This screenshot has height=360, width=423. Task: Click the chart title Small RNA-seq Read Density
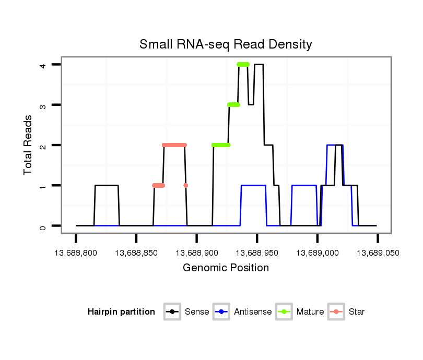226,44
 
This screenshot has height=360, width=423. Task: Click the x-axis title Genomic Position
226,268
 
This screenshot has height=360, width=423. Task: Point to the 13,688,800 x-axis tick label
76,253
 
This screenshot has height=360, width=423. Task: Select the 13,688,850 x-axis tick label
136,253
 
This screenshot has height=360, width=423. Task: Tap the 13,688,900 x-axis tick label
196,253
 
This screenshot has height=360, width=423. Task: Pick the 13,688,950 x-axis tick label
257,253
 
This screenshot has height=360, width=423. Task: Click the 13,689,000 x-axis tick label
317,253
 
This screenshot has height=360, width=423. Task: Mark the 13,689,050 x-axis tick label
378,253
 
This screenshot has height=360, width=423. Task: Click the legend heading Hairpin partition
121,312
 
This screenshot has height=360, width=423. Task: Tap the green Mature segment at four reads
243,65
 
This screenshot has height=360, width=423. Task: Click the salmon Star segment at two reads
174,145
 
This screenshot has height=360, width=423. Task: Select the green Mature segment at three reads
233,105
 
